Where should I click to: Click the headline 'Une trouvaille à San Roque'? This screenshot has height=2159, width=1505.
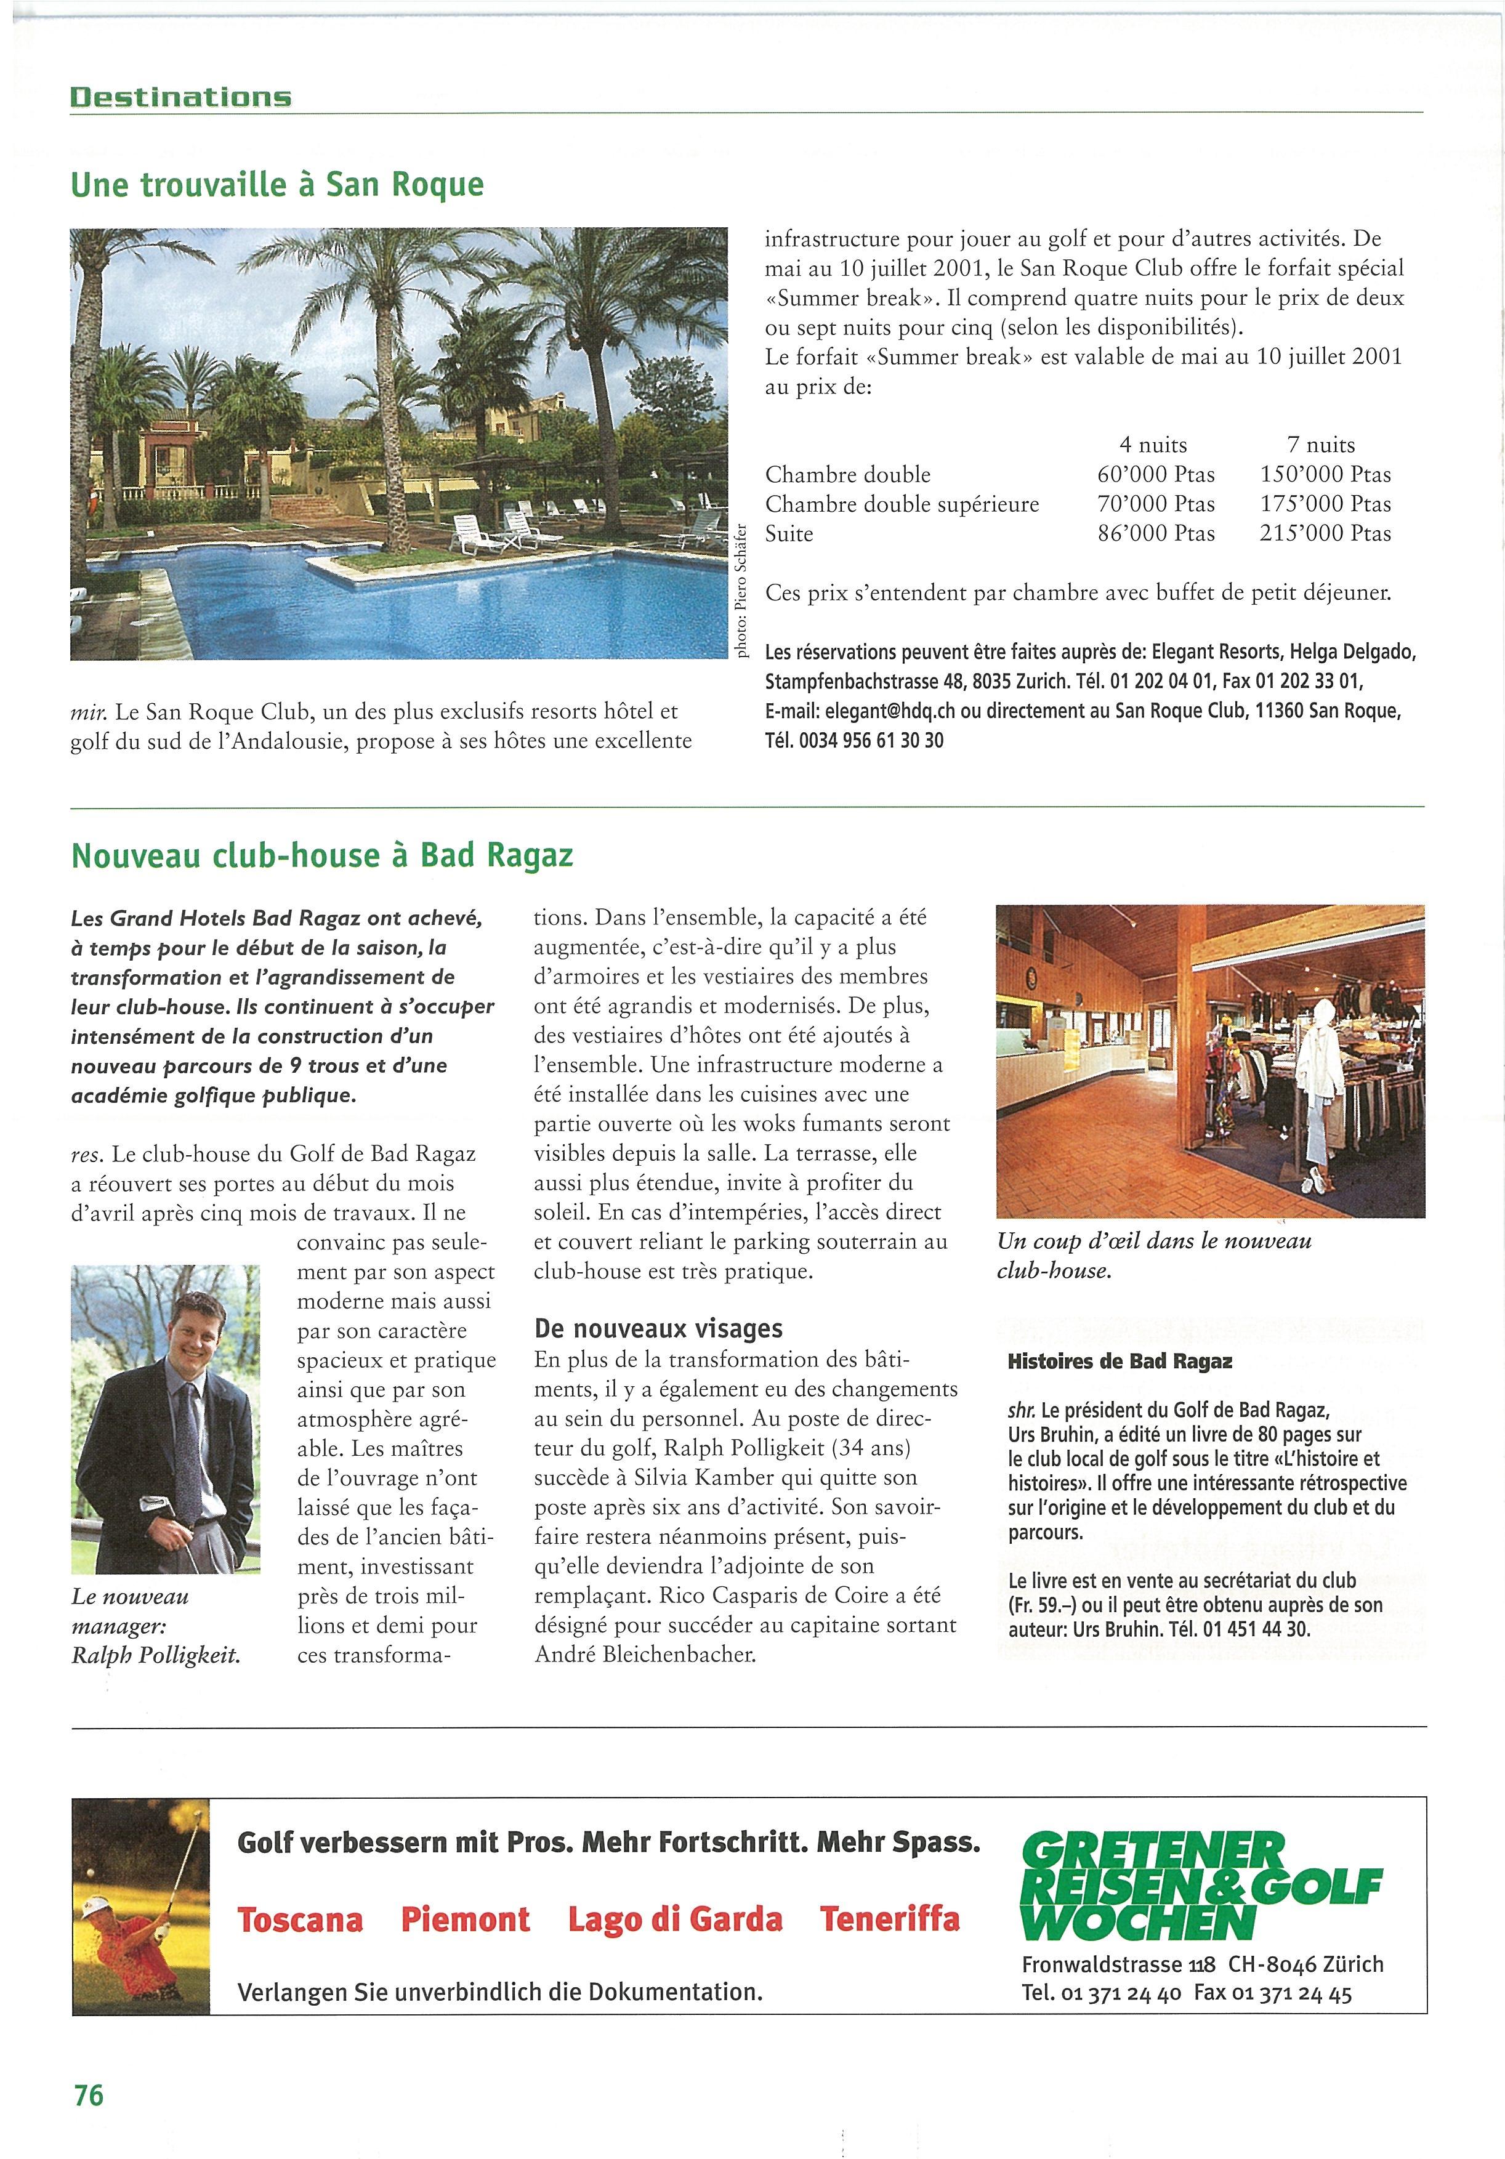pyautogui.click(x=277, y=184)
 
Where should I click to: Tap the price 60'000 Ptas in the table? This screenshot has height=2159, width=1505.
pyautogui.click(x=1155, y=475)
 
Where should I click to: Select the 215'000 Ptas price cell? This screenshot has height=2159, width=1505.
pyautogui.click(x=1325, y=534)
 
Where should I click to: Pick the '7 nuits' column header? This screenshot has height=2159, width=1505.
pyautogui.click(x=1321, y=445)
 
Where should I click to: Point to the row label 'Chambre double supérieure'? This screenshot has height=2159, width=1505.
pyautogui.click(x=902, y=504)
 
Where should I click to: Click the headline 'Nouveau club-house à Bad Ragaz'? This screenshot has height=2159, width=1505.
pyautogui.click(x=321, y=856)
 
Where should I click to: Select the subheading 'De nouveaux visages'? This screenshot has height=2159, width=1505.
pyautogui.click(x=658, y=1328)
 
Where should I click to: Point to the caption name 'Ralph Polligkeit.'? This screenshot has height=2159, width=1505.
pyautogui.click(x=156, y=1655)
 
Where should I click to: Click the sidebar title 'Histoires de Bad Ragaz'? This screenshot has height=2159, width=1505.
pyautogui.click(x=1120, y=1361)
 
